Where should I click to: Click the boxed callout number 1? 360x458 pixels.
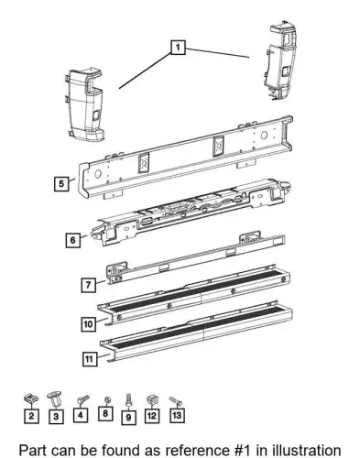click(x=178, y=47)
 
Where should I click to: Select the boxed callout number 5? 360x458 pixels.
click(x=61, y=183)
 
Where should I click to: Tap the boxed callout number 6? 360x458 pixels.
click(x=72, y=240)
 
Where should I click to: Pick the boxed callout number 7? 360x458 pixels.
click(x=89, y=285)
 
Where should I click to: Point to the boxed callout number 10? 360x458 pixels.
click(x=88, y=323)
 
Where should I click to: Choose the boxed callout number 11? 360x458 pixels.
click(x=90, y=358)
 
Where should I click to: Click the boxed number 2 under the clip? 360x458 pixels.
click(x=31, y=416)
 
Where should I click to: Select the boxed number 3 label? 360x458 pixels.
click(x=56, y=416)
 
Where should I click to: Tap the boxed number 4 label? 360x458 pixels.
click(x=81, y=415)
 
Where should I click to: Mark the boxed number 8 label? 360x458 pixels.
click(x=105, y=413)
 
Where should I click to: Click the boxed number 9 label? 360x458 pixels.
click(x=128, y=417)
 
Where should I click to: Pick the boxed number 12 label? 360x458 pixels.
click(x=152, y=415)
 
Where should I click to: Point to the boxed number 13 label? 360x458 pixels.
click(x=177, y=415)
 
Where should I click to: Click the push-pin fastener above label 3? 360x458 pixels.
click(x=55, y=398)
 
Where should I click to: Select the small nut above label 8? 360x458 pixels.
click(x=107, y=400)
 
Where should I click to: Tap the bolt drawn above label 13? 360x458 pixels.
click(x=175, y=401)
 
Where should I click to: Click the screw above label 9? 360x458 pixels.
click(x=128, y=399)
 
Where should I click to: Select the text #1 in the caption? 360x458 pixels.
click(x=241, y=450)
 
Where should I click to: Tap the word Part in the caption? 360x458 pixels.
click(x=33, y=450)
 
